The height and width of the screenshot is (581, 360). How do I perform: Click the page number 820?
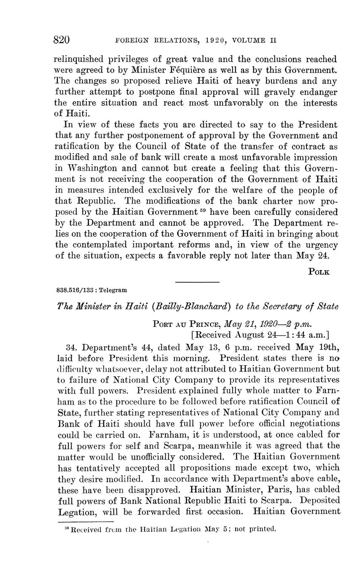click(x=62, y=40)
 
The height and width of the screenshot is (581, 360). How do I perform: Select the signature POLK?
click(x=319, y=272)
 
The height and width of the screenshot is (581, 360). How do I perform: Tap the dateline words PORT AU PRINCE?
click(x=187, y=325)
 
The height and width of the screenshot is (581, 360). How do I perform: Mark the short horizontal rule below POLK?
click(x=197, y=282)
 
